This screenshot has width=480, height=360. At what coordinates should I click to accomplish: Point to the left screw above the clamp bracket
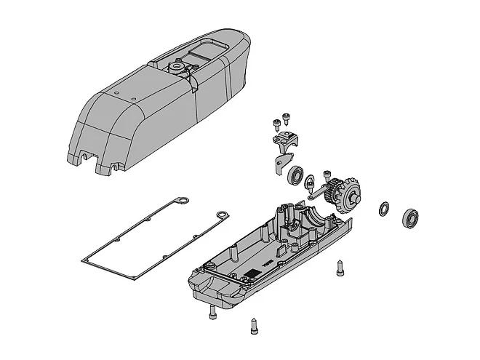tap(276, 123)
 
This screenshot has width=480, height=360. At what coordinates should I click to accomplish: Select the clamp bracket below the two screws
tap(287, 139)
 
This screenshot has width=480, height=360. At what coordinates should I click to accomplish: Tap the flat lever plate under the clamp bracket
tap(280, 164)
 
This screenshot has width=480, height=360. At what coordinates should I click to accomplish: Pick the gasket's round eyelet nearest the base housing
tap(223, 215)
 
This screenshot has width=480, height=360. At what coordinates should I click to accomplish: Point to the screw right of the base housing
tap(340, 267)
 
